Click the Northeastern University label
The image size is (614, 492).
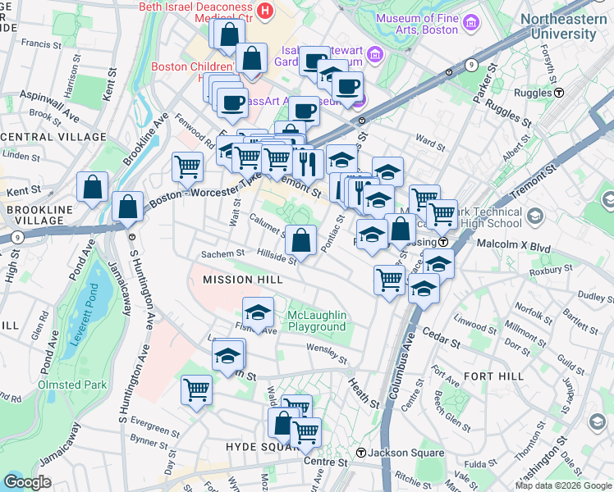click(x=563, y=26)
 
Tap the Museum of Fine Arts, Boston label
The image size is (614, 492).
click(x=424, y=24)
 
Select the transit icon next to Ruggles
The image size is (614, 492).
click(x=559, y=93)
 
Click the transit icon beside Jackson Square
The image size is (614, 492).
click(x=360, y=453)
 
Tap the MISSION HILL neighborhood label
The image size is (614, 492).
click(x=242, y=280)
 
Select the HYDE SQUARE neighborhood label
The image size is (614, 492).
click(x=256, y=446)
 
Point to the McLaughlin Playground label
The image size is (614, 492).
click(x=317, y=321)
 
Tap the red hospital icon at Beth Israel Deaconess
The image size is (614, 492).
click(x=264, y=11)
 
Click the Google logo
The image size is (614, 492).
click(x=28, y=481)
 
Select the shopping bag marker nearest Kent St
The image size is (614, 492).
click(x=92, y=187)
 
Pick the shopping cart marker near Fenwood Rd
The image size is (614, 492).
click(x=188, y=166)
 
